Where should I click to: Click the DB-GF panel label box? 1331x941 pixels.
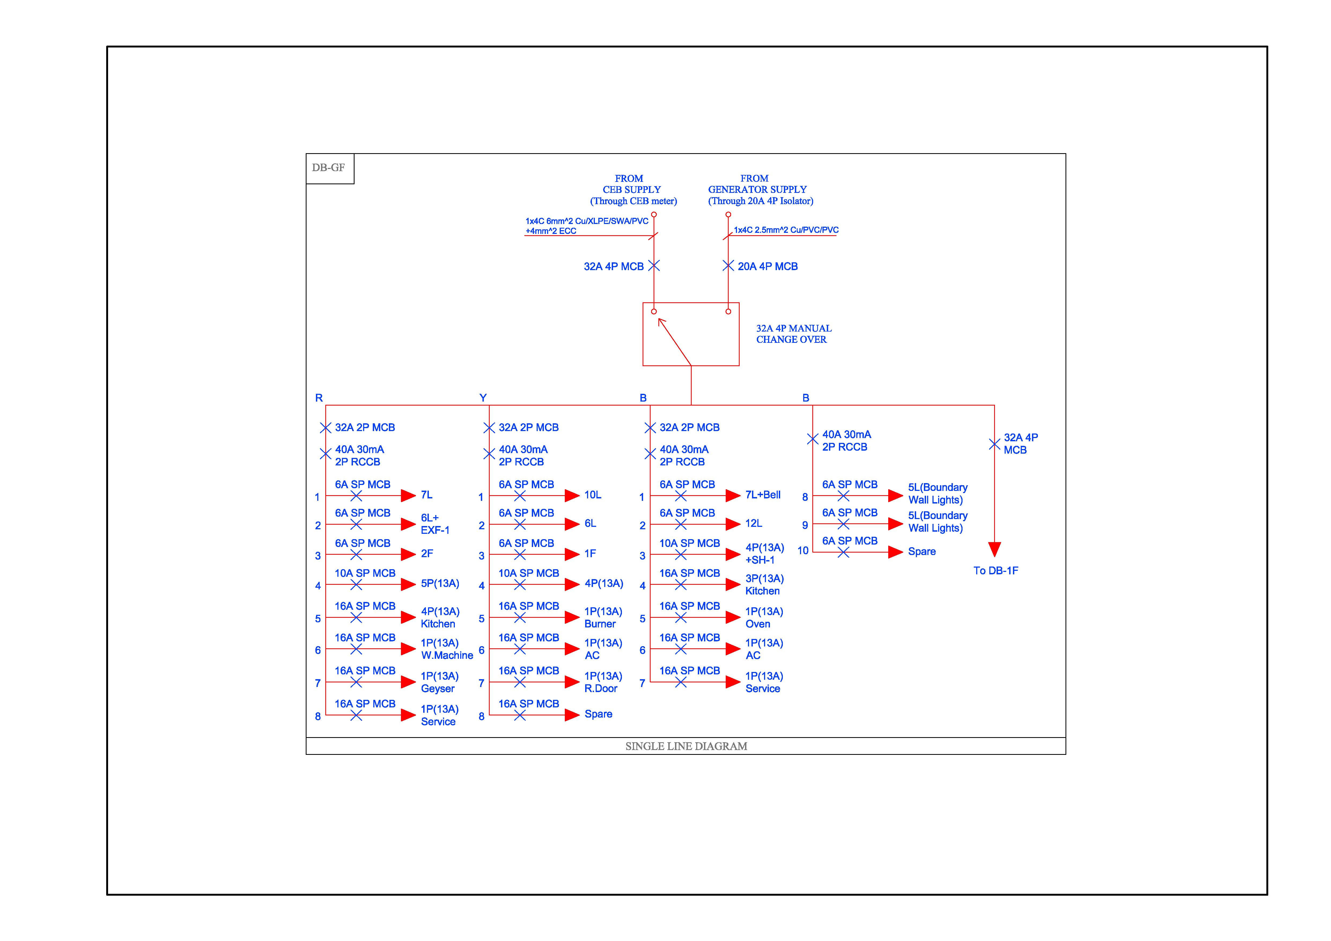coord(329,168)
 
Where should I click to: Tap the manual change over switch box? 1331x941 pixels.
coord(690,334)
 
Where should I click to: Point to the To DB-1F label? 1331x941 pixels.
coord(995,571)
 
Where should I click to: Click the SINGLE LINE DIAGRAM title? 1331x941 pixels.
coord(686,746)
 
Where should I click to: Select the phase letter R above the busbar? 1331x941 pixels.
coord(319,398)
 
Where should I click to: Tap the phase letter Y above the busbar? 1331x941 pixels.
coord(483,398)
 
